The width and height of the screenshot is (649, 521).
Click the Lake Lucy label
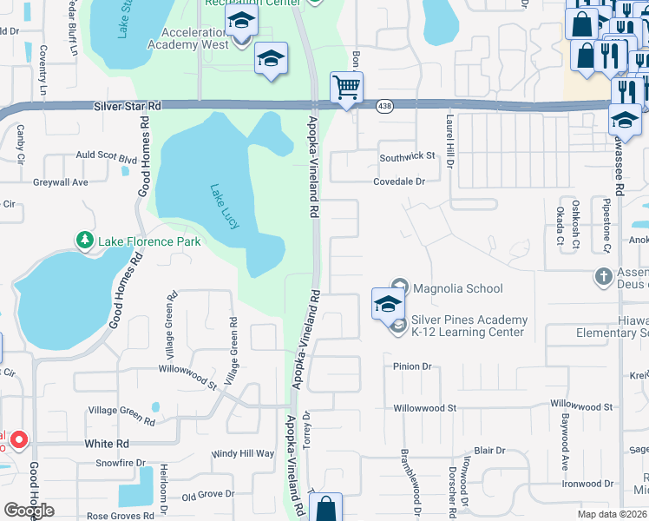[x=223, y=206]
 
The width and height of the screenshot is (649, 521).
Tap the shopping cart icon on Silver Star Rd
[x=346, y=88]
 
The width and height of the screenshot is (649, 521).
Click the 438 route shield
[x=383, y=105]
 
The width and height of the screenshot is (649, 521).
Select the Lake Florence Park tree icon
[x=84, y=241]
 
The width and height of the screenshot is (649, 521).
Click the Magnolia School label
[x=457, y=288]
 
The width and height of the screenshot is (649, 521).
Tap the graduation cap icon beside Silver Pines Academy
[x=387, y=305]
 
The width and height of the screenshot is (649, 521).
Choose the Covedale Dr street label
[x=399, y=181]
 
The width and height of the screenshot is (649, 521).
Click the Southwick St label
[x=406, y=156]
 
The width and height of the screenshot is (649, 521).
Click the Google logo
[x=29, y=511]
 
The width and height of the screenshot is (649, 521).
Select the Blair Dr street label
[x=489, y=451]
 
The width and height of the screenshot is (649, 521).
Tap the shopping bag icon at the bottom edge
[x=325, y=509]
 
